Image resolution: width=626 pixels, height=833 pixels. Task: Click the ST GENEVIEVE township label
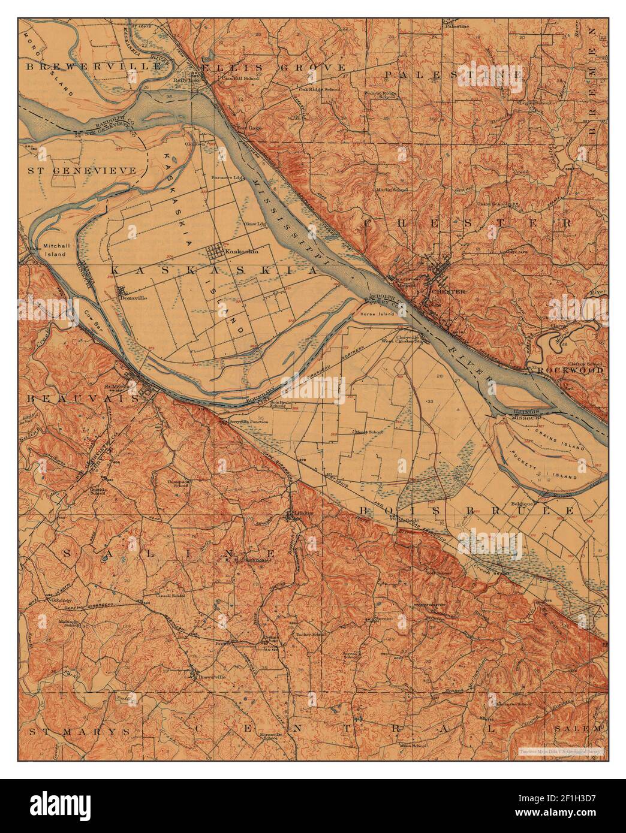(86, 170)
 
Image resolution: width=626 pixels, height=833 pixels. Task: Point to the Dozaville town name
(131, 298)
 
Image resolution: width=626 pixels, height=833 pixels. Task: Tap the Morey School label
(369, 431)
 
